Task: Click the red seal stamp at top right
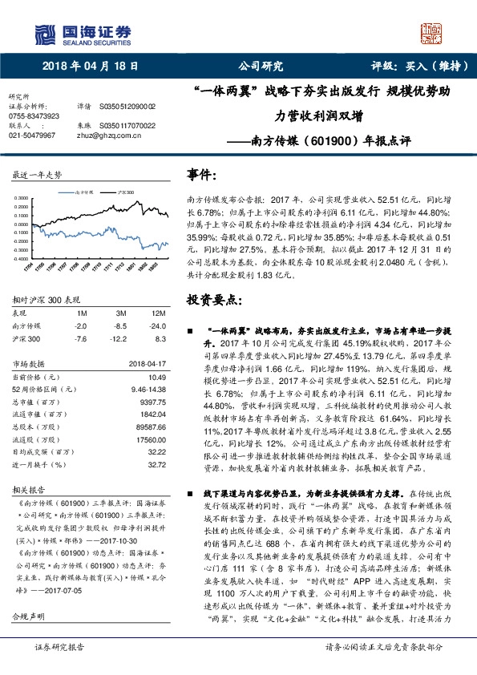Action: pyautogui.click(x=433, y=36)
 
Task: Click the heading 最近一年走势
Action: pyautogui.click(x=38, y=174)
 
